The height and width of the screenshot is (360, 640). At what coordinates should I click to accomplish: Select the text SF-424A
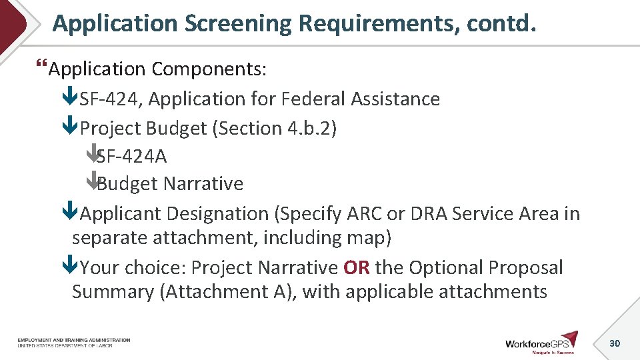pos(131,157)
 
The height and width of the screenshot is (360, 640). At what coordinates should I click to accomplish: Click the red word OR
pos(356,268)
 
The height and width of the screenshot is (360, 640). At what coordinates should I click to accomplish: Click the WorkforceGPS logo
pos(541,342)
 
